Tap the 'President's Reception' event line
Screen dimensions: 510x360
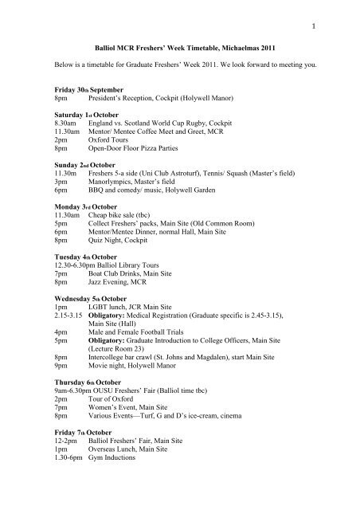click(156, 104)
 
